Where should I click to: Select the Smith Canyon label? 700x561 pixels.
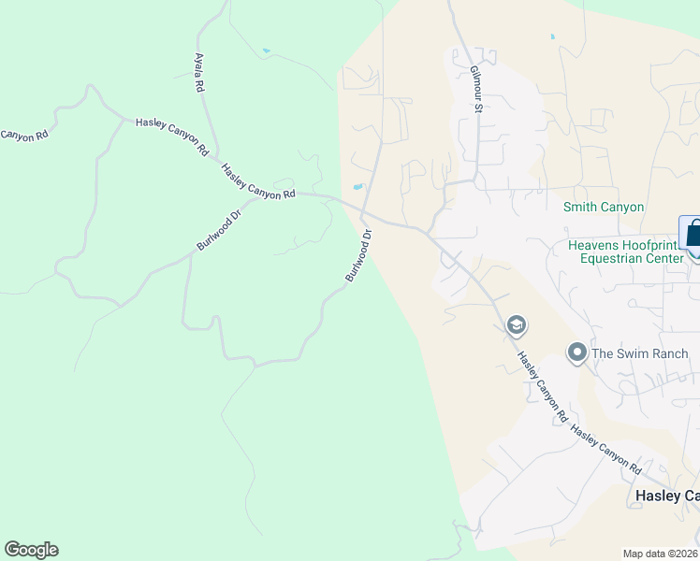click(x=604, y=207)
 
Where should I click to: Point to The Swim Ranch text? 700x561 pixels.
click(x=641, y=353)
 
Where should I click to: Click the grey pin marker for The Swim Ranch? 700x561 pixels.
click(x=577, y=352)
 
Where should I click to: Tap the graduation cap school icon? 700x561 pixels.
click(x=515, y=325)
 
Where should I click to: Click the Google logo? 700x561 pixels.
click(x=31, y=550)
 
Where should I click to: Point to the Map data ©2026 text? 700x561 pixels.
click(x=660, y=554)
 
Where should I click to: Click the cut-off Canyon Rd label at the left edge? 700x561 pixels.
click(x=23, y=136)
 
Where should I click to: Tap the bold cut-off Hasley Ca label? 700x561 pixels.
click(x=667, y=495)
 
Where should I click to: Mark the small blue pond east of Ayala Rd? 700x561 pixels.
click(x=267, y=50)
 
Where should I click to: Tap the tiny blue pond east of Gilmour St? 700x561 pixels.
click(x=552, y=36)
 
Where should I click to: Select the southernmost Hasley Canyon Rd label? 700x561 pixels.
click(x=606, y=449)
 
